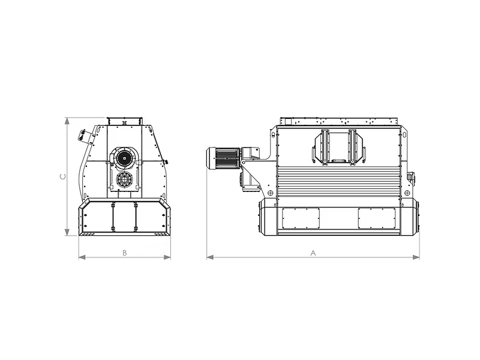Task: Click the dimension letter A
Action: click(x=313, y=253)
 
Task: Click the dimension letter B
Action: click(x=125, y=253)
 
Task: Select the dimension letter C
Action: click(x=63, y=176)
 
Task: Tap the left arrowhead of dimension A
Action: click(x=210, y=257)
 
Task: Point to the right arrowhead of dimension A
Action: click(x=416, y=257)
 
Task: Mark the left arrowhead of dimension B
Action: click(x=82, y=257)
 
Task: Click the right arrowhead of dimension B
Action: click(x=167, y=257)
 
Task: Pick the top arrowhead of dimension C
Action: click(x=67, y=121)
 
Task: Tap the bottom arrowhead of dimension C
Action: click(x=67, y=232)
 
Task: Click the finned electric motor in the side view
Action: click(x=224, y=158)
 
